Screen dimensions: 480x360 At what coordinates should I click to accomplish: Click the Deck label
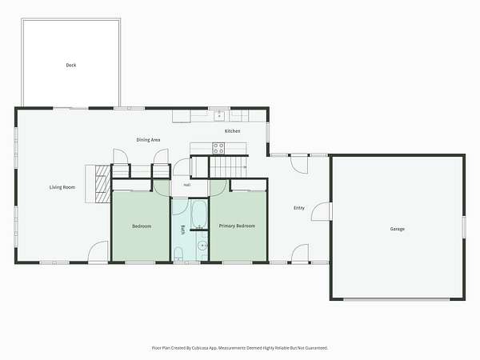point(71,65)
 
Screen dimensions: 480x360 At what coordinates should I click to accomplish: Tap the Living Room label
point(62,187)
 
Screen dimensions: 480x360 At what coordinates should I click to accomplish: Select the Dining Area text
point(148,140)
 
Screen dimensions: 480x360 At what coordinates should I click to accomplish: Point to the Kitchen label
point(233,131)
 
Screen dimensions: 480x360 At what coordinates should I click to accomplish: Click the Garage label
point(398,229)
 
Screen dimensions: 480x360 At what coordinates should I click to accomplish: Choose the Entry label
point(299,208)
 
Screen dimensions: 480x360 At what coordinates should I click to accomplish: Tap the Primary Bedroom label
point(237,226)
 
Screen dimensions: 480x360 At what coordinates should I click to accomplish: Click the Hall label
point(186,185)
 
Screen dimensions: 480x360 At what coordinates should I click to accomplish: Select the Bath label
point(183,230)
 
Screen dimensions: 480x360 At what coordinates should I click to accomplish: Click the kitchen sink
point(219,116)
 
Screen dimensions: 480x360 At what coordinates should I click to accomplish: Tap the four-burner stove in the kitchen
point(218,148)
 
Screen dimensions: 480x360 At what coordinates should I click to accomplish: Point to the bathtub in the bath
point(199,214)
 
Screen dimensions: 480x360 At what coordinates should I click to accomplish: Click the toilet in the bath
point(178,254)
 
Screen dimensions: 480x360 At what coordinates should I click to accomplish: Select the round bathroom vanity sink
point(202,246)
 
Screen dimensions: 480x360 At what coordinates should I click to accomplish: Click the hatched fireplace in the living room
point(102,184)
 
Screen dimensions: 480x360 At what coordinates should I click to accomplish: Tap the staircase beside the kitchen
point(228,166)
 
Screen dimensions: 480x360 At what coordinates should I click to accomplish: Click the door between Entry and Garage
point(321,211)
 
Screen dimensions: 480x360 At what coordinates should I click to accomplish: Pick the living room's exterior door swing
point(98,252)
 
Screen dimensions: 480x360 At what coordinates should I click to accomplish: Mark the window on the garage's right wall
point(464,226)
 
